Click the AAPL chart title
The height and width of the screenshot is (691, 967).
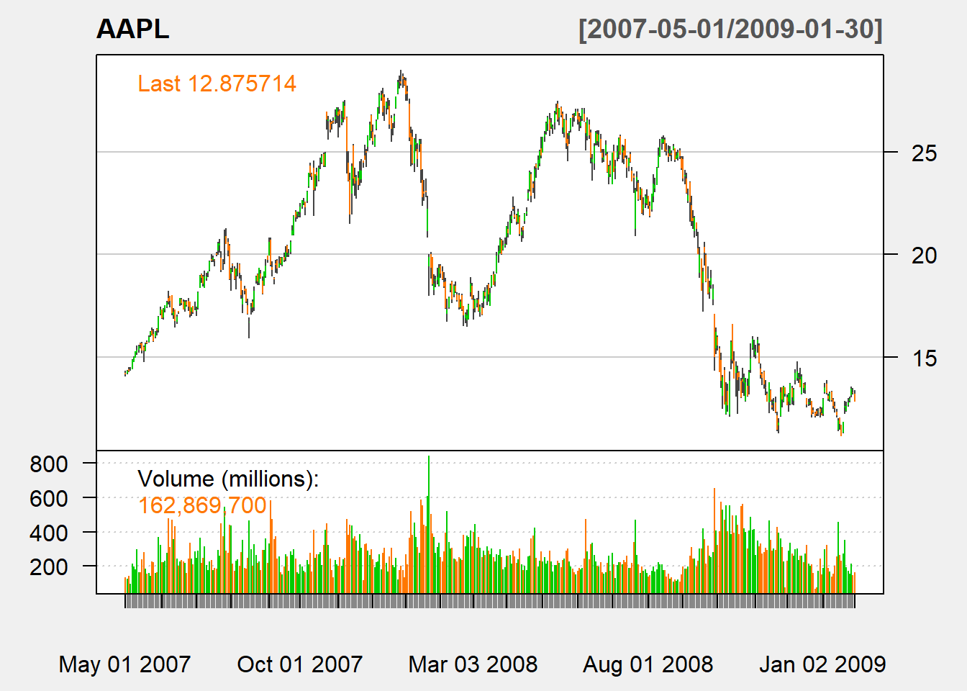(133, 30)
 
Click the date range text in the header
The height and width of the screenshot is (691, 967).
(730, 30)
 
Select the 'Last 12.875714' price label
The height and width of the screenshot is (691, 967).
(217, 83)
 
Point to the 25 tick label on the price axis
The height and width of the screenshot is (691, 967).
(924, 153)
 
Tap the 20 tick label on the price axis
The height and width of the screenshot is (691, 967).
(924, 255)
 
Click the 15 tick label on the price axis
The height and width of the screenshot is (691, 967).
(924, 358)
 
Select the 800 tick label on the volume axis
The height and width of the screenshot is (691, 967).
(49, 464)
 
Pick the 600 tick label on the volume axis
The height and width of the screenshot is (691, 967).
(49, 498)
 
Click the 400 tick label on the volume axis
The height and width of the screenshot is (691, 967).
(49, 533)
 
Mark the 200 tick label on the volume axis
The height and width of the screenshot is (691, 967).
(49, 566)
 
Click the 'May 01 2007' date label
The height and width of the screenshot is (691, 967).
(124, 664)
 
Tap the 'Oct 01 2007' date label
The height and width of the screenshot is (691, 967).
(300, 664)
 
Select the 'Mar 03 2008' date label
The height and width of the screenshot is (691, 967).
(473, 664)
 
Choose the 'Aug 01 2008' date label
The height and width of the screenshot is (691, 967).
(648, 664)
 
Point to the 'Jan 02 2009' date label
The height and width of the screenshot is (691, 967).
(822, 664)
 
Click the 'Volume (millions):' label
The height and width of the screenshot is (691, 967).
(228, 479)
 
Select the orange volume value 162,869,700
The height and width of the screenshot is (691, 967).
(202, 505)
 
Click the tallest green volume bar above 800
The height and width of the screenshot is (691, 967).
(429, 504)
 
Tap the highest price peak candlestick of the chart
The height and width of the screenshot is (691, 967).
(401, 74)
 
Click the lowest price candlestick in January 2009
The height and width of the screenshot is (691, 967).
(841, 430)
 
